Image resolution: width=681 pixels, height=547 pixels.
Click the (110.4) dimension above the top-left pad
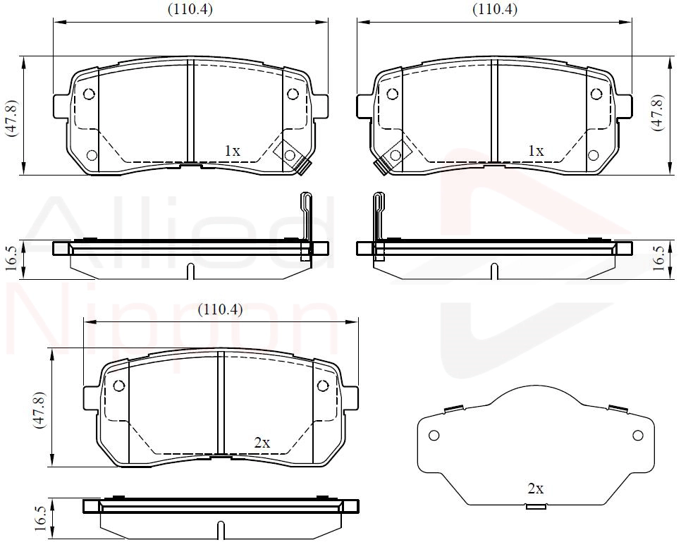click(190, 10)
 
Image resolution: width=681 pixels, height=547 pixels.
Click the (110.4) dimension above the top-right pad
click(495, 10)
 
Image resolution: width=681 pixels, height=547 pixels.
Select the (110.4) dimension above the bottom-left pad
click(220, 309)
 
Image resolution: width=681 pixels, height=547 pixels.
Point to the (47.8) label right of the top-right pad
click(657, 112)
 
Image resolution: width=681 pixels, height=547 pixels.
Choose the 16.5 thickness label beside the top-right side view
click(658, 258)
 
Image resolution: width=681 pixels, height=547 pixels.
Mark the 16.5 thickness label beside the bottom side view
click(40, 517)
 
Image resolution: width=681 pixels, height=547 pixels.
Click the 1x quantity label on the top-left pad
click(232, 151)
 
